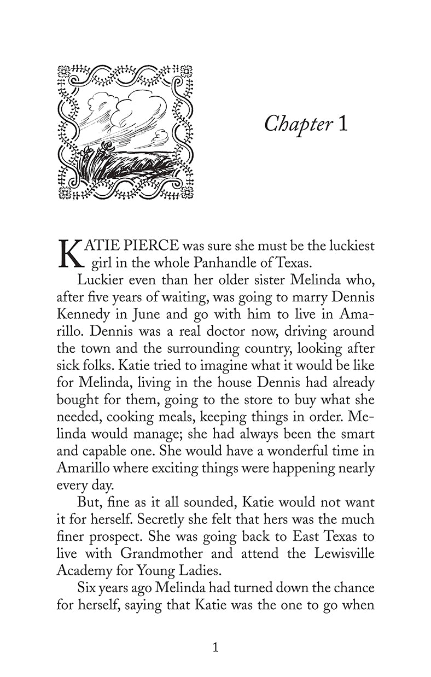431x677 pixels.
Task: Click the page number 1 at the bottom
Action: (215, 647)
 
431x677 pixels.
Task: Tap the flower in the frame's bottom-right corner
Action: (187, 192)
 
